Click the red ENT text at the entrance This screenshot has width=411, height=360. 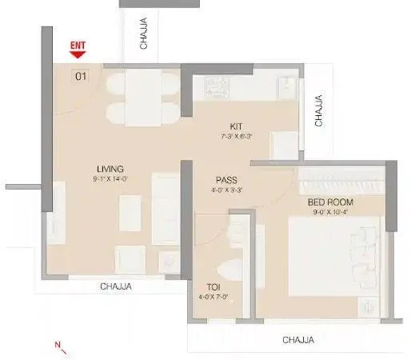pyautogui.click(x=78, y=46)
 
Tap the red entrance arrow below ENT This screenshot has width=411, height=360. pyautogui.click(x=78, y=56)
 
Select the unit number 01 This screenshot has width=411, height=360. pyautogui.click(x=81, y=77)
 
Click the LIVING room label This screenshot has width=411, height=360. pyautogui.click(x=109, y=169)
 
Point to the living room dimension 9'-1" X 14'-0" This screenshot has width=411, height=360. pyautogui.click(x=109, y=179)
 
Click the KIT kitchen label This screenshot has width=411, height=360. pyautogui.click(x=236, y=126)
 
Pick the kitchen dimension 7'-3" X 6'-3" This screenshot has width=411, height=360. pyautogui.click(x=236, y=137)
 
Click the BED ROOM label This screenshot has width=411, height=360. pyautogui.click(x=330, y=203)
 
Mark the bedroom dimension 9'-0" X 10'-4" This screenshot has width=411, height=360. pyautogui.click(x=330, y=214)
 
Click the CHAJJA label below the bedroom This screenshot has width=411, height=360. pyautogui.click(x=298, y=340)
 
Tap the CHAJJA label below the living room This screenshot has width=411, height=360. pyautogui.click(x=116, y=286)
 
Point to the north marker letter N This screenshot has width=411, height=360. pyautogui.click(x=58, y=345)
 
